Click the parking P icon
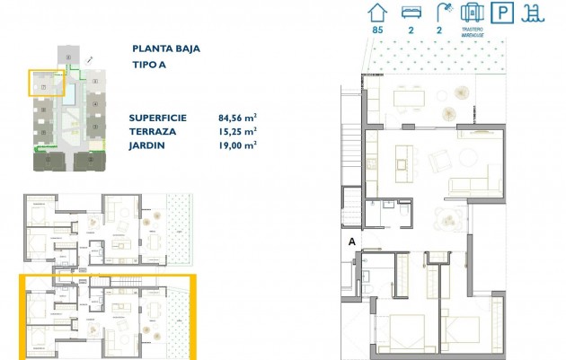(506, 13)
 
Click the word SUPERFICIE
(159, 118)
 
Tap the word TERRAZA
(152, 131)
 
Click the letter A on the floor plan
(352, 241)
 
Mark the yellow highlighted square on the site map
(47, 83)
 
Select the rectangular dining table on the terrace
(409, 96)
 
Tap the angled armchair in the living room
(442, 161)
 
